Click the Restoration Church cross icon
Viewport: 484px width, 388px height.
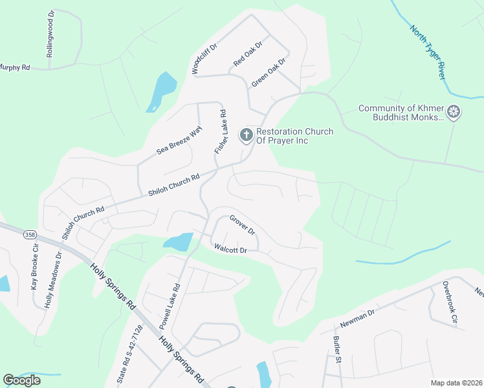(246, 135)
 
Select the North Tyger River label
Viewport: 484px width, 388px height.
(427, 51)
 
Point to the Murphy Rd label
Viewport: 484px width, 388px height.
(15, 67)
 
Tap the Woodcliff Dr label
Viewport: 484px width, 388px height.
(204, 58)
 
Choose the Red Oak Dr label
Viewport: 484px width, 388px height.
(248, 54)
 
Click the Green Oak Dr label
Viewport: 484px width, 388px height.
(269, 72)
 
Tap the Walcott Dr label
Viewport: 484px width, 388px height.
(230, 250)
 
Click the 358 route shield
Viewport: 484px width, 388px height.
(29, 235)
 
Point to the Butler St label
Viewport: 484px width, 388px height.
(336, 347)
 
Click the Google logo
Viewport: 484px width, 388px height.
(21, 380)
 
